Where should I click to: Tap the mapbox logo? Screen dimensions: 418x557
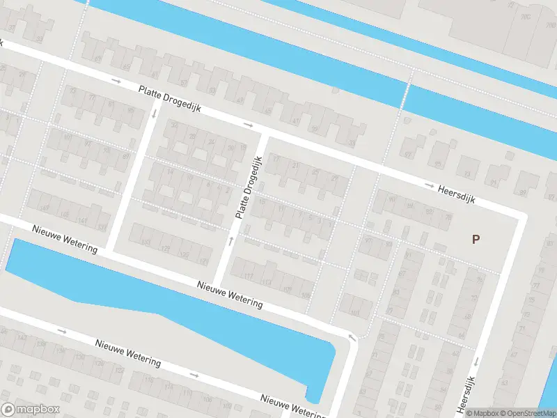30,410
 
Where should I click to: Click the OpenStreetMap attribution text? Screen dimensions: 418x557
528,413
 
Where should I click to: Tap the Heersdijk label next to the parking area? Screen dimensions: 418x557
457,193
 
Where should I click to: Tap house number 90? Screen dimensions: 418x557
391,199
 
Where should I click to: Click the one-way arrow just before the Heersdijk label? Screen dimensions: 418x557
430,185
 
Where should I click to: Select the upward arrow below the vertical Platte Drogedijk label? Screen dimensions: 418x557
231,241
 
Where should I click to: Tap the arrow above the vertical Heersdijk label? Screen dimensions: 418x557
477,361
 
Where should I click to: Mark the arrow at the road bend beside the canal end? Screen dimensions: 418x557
352,339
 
